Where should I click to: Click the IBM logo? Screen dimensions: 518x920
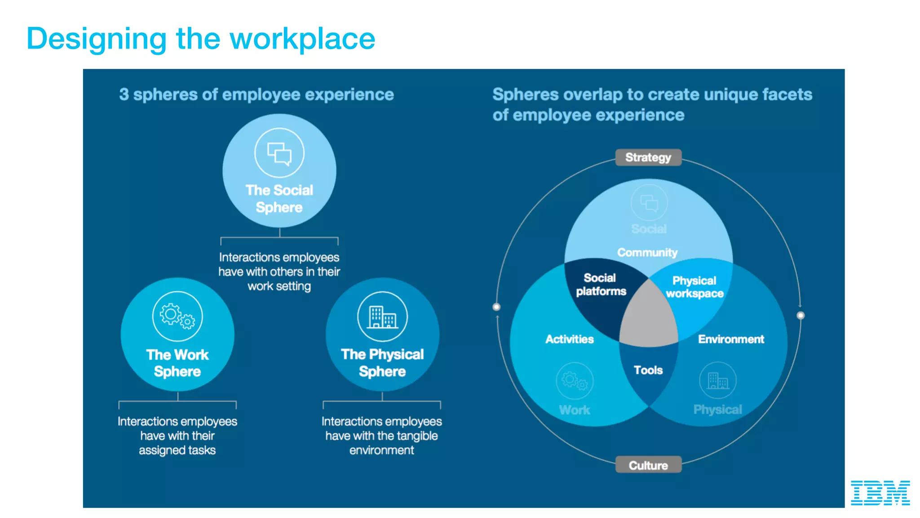[x=880, y=492]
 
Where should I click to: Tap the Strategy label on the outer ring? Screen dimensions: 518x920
[x=648, y=157]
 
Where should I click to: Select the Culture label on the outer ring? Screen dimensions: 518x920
[x=648, y=465]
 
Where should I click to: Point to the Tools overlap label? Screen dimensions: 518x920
[x=648, y=370]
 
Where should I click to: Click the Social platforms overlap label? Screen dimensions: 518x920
[x=601, y=285]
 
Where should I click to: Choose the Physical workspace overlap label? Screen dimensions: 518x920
[x=694, y=287]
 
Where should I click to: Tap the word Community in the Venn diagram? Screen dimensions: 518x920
[x=647, y=253]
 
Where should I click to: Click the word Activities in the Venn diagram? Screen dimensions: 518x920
[x=569, y=339]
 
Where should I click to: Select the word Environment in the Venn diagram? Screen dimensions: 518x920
[x=730, y=339]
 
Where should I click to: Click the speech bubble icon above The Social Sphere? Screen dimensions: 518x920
[x=279, y=153]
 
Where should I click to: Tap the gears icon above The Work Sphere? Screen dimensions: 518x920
[x=177, y=316]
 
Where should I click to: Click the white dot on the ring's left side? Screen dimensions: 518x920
[x=496, y=307]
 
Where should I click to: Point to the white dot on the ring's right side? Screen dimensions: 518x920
[x=801, y=315]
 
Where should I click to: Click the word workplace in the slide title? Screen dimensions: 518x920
[x=302, y=39]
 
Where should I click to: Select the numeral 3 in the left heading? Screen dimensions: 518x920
[x=124, y=94]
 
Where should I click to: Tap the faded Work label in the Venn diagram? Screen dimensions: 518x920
[x=574, y=410]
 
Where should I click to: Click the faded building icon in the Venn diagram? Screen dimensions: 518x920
[x=717, y=380]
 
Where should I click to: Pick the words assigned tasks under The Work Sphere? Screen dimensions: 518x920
[x=177, y=450]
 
